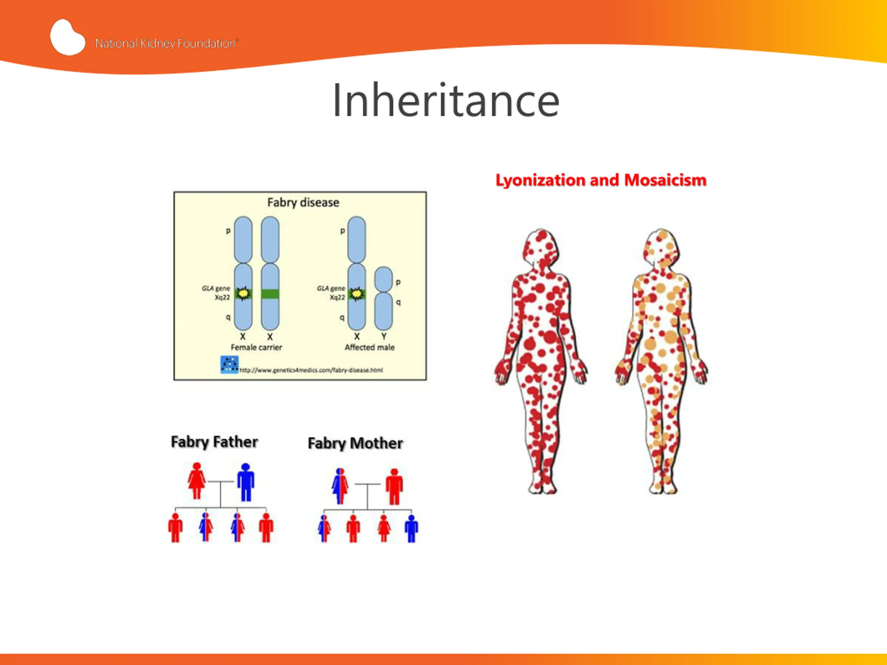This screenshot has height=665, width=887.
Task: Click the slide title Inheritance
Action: coord(446,100)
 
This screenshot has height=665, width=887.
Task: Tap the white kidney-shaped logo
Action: coord(67,37)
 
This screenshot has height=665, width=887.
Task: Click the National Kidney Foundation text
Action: coord(166,43)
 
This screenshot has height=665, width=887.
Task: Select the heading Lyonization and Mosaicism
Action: coord(601,180)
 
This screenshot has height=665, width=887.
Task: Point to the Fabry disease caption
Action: coord(303,202)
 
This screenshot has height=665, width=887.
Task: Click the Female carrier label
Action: coord(256,347)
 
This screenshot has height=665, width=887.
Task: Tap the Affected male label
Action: coord(369,347)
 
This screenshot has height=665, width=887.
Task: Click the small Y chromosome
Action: coord(383,298)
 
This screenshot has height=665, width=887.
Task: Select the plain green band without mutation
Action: coord(270,294)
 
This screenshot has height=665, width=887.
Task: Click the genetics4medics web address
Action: coord(311,370)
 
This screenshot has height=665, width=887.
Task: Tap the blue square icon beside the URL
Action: coord(229,364)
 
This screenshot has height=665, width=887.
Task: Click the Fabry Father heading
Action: coord(214,442)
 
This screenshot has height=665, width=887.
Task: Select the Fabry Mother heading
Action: coord(355,443)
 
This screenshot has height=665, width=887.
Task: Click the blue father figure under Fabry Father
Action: coord(245,482)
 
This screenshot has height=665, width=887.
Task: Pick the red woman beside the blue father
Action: coord(196,481)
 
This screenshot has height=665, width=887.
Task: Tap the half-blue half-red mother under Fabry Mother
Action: coord(340,486)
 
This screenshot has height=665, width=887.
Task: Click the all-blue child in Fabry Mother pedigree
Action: coord(411,528)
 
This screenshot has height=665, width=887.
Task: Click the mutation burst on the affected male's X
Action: coord(356,294)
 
